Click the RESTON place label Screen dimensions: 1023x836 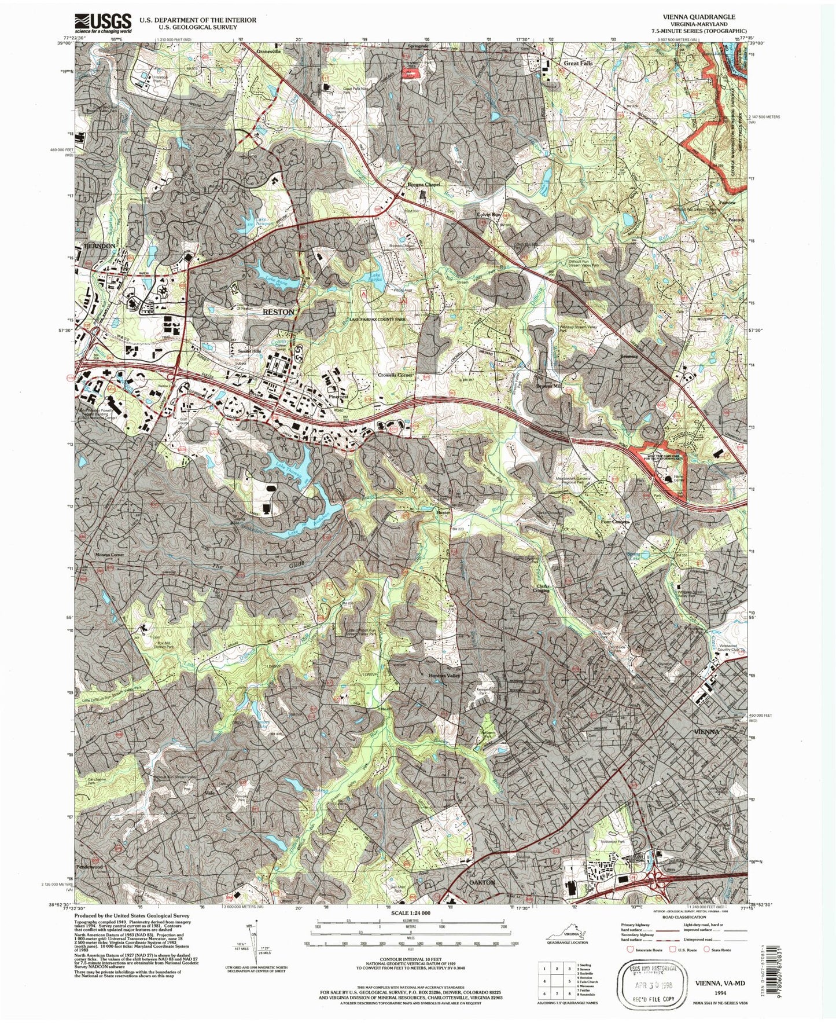[278, 311]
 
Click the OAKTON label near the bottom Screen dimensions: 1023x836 [481, 882]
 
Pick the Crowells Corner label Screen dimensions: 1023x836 [396, 375]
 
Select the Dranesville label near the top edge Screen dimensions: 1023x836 [268, 51]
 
